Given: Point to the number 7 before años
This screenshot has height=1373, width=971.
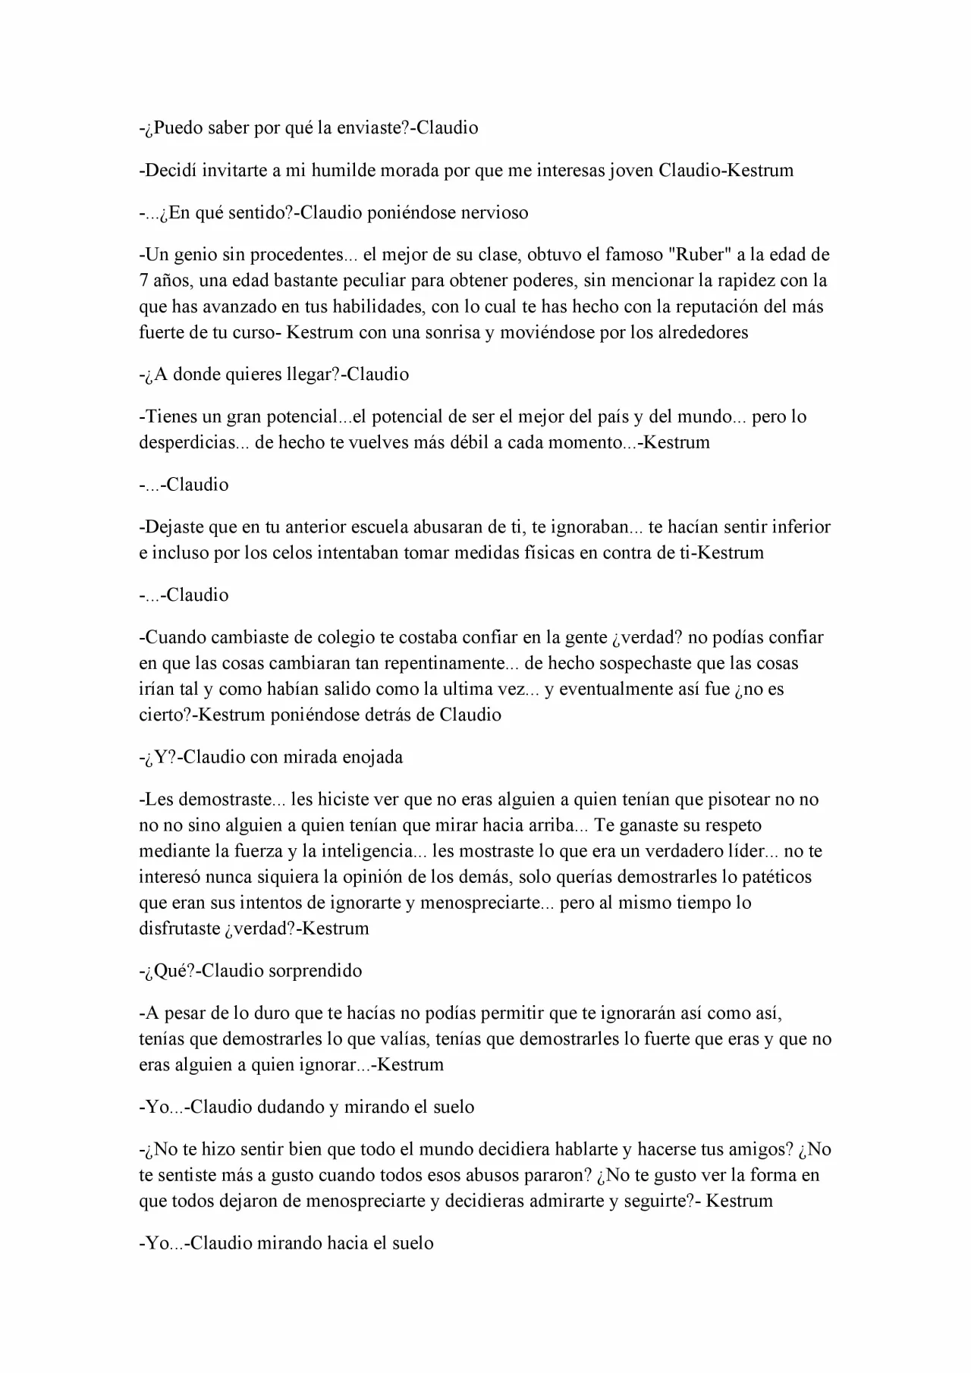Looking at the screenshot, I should click(143, 281).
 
